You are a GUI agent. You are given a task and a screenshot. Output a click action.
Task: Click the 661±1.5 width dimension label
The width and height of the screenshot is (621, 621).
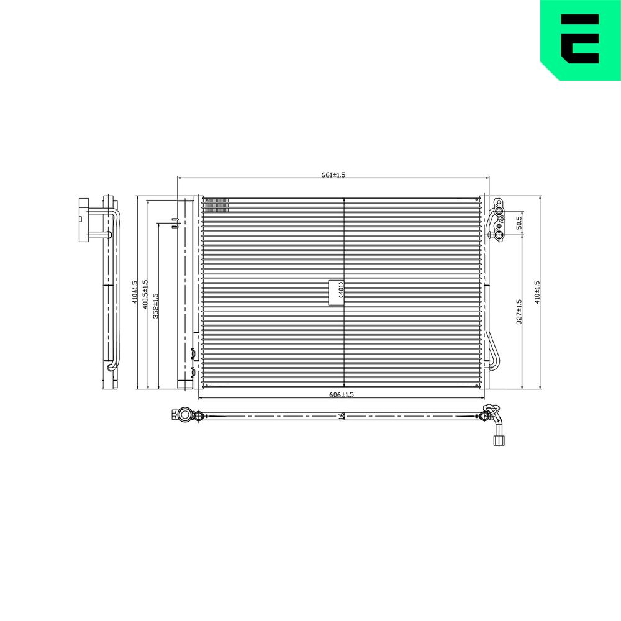pos(333,175)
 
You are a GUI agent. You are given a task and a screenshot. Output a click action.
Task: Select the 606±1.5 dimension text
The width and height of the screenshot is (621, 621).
pos(342,394)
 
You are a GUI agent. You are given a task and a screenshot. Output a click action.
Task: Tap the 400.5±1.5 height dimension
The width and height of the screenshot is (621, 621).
pos(145,294)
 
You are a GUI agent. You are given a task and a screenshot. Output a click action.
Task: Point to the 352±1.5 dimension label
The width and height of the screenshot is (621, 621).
pos(155,306)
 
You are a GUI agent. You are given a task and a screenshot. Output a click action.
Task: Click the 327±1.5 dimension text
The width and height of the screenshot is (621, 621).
pos(519,312)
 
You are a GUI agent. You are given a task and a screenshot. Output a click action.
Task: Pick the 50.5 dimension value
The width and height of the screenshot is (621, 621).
pos(519,222)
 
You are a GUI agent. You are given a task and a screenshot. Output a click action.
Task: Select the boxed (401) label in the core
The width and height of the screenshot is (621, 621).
pos(336,292)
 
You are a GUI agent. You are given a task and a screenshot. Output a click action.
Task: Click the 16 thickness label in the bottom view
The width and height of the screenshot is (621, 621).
pos(342,416)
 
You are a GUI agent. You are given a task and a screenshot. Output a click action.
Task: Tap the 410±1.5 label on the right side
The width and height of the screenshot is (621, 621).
pos(537,292)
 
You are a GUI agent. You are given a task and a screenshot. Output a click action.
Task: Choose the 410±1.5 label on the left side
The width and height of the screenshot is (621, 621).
pos(134,292)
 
